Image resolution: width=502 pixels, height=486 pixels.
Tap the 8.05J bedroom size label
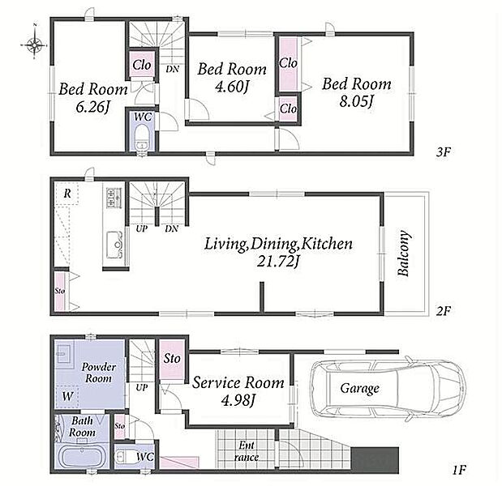(x=356, y=102)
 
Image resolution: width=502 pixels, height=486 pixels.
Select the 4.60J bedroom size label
(x=232, y=87)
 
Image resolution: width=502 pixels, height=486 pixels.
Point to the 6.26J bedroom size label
(x=92, y=107)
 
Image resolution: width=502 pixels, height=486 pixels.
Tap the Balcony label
(x=403, y=253)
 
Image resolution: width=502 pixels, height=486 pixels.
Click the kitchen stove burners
(x=114, y=198)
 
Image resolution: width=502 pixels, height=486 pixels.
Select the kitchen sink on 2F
(x=114, y=245)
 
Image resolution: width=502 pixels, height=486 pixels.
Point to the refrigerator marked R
(x=67, y=193)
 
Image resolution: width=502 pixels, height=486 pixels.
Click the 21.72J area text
(x=278, y=261)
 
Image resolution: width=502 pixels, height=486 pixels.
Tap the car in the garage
(x=387, y=388)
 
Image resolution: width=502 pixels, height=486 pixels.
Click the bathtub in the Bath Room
(x=83, y=456)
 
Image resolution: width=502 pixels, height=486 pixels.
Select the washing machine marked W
(x=67, y=396)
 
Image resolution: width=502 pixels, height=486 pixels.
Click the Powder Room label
(x=98, y=373)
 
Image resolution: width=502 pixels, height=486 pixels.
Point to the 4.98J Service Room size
(x=238, y=399)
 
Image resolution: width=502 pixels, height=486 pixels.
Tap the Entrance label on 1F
(x=246, y=451)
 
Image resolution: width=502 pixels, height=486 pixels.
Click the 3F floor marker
(x=444, y=152)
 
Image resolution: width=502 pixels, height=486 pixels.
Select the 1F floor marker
(x=458, y=470)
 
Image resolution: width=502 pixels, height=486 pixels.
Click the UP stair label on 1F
(x=141, y=388)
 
